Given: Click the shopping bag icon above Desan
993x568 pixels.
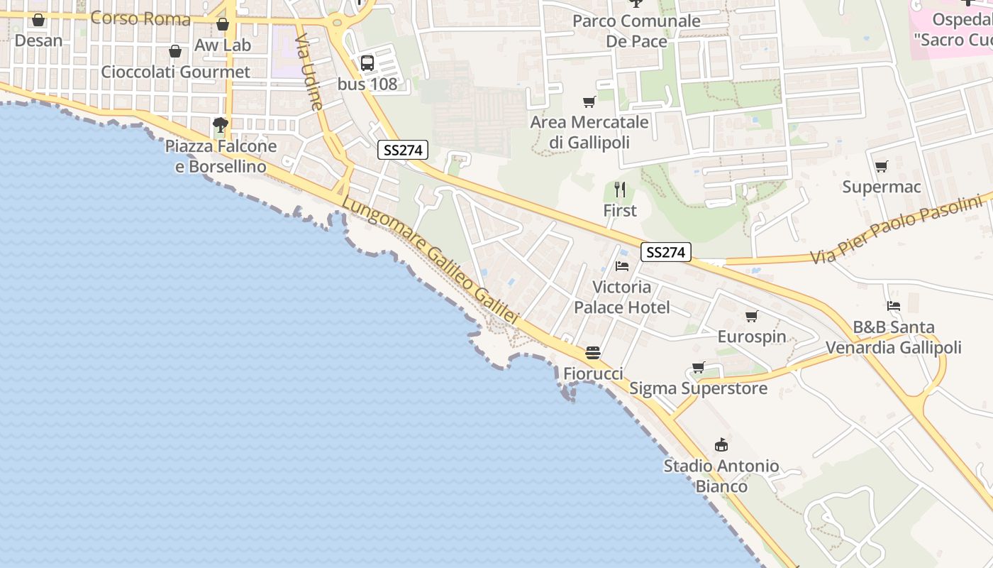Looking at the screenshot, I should click(x=38, y=20).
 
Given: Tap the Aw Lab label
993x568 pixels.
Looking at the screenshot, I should click(x=223, y=45).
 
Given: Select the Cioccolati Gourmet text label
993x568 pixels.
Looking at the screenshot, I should click(x=175, y=72).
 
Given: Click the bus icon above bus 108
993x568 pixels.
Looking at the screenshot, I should click(x=367, y=62).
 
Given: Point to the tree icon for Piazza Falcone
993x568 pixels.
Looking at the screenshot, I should click(x=221, y=126).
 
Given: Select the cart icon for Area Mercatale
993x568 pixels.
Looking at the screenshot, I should click(x=589, y=102).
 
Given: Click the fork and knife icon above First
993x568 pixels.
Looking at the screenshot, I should click(x=620, y=190).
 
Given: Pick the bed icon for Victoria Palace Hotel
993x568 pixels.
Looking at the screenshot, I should click(x=622, y=266).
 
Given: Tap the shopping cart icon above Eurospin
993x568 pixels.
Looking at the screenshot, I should click(x=751, y=316).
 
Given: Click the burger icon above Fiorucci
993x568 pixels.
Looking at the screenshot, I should click(x=593, y=353).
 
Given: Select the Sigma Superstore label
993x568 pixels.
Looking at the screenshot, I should click(x=698, y=388).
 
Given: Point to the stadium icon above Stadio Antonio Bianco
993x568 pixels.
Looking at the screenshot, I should click(x=721, y=445).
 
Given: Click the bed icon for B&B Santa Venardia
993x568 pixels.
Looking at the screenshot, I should click(x=894, y=306).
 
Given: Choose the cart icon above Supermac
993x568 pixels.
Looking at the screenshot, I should click(x=881, y=167).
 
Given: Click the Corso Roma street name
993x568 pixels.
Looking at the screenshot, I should click(x=140, y=18).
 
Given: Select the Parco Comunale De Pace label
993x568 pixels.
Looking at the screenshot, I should click(x=636, y=31).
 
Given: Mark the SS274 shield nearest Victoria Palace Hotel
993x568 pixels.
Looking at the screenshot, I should click(x=665, y=252).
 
